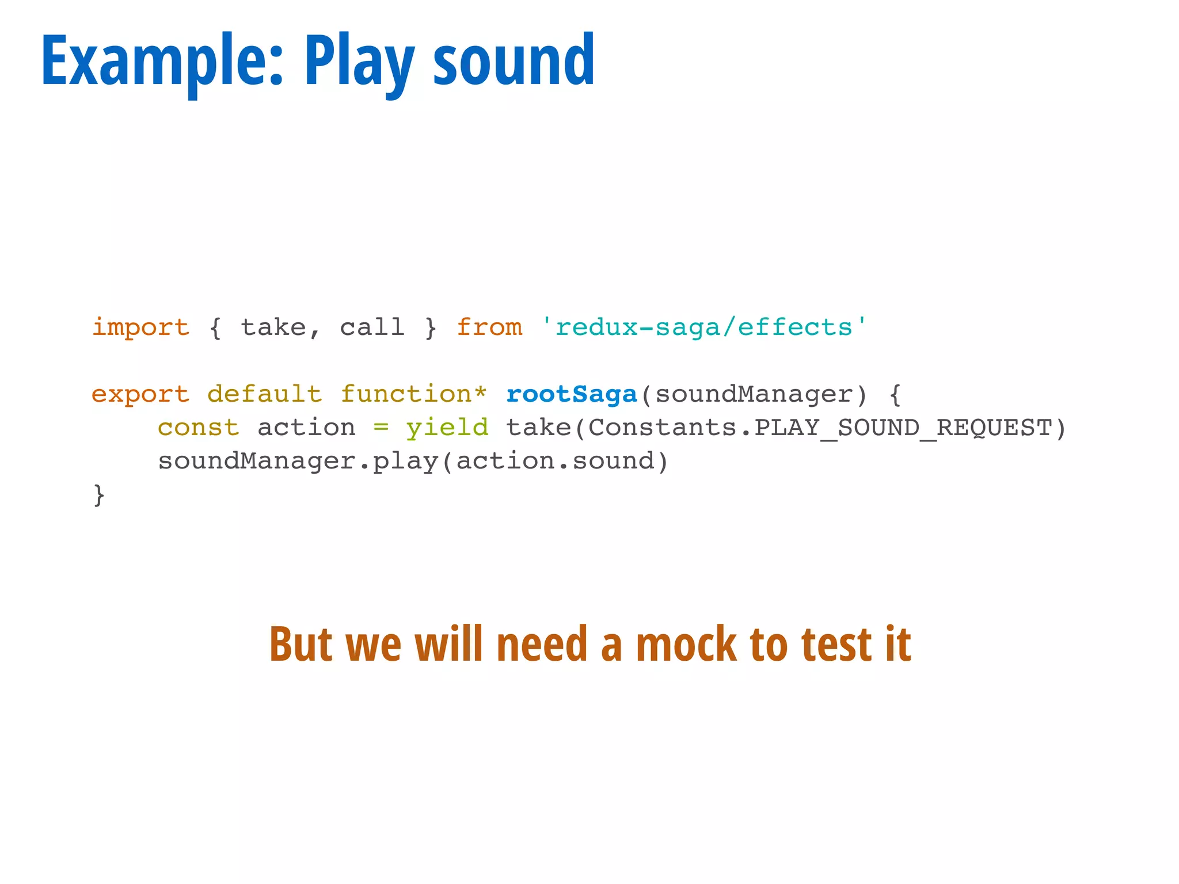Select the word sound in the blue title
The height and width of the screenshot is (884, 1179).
pos(514,60)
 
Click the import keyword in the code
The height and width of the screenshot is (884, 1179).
pos(140,327)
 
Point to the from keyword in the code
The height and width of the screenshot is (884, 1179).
pos(489,327)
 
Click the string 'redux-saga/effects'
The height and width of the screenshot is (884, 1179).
pos(703,327)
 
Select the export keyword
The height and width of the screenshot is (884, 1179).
pos(140,395)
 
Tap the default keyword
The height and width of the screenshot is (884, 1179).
pos(264,395)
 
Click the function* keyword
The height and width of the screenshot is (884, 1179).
pos(413,395)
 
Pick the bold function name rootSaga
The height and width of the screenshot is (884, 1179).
pos(571,395)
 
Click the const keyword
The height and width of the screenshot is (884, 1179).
pos(199,428)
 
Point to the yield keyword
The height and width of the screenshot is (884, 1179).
pos(447,428)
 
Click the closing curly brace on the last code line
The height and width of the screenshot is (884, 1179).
pos(99,495)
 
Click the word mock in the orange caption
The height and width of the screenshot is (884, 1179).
pos(686,644)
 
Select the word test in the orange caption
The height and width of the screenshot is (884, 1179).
pos(836,644)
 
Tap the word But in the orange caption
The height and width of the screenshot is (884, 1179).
pos(301,644)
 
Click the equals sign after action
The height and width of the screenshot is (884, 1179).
pos(381,428)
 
